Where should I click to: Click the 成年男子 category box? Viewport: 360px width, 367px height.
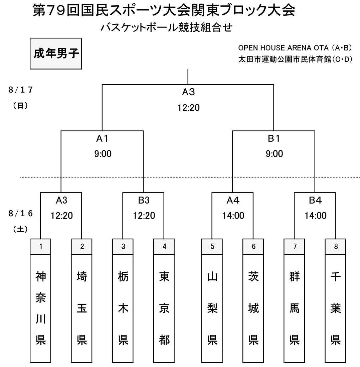[56, 53]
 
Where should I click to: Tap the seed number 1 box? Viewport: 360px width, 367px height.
[40, 246]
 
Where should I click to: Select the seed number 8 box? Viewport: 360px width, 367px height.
[335, 246]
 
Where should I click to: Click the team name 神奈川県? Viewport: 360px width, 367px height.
[40, 308]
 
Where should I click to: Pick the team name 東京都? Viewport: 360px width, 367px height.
[164, 308]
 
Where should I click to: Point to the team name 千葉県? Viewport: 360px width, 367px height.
[335, 308]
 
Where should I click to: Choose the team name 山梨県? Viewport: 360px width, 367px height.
[212, 308]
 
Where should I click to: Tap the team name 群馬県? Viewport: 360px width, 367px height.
[295, 308]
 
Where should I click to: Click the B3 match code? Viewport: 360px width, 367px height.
[144, 200]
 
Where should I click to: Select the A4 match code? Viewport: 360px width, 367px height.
[233, 200]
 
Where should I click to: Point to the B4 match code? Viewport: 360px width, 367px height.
[315, 200]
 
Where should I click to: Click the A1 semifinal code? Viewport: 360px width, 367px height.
[102, 139]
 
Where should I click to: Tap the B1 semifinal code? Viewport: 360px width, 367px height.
[274, 139]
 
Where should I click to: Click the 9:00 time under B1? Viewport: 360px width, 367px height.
[274, 154]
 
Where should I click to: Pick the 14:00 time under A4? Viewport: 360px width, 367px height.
[233, 216]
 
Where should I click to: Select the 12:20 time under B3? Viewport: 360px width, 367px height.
[144, 216]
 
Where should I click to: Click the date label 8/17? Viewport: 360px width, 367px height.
[21, 90]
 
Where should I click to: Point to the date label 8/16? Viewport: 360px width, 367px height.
[21, 214]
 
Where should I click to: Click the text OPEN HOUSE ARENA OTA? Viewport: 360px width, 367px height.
[283, 48]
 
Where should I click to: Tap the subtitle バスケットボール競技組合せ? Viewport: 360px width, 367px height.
[166, 27]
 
